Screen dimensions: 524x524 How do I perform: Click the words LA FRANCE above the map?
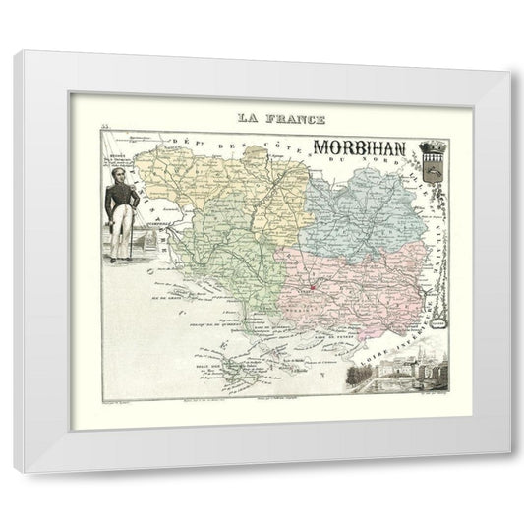(x=280, y=119)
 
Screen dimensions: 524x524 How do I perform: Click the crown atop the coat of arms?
(x=432, y=143)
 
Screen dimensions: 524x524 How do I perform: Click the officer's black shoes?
(x=120, y=260)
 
